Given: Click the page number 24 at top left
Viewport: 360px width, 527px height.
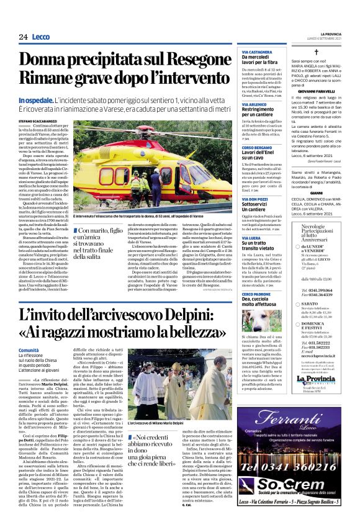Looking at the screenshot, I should coord(23,37).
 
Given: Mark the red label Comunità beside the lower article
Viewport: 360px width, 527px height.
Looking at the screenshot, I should coord(29,351).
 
